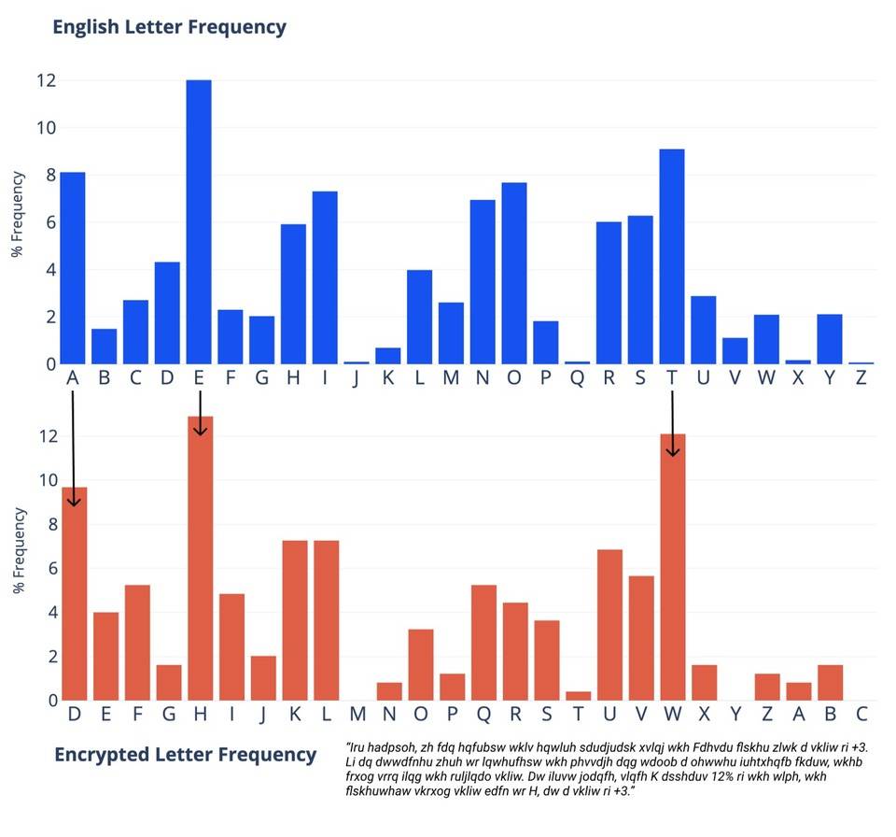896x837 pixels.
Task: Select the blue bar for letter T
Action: pos(672,257)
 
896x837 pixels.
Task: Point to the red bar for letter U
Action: pos(610,625)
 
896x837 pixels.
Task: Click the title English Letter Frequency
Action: pos(169,26)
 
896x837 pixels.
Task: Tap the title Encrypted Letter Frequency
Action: pos(185,754)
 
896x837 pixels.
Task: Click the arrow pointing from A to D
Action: pos(73,448)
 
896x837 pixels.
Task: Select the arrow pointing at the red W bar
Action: pos(672,424)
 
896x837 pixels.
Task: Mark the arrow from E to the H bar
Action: pos(200,413)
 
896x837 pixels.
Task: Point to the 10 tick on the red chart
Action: pos(45,480)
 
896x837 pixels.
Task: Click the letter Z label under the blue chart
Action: pos(861,377)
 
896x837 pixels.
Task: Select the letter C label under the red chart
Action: pos(861,715)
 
